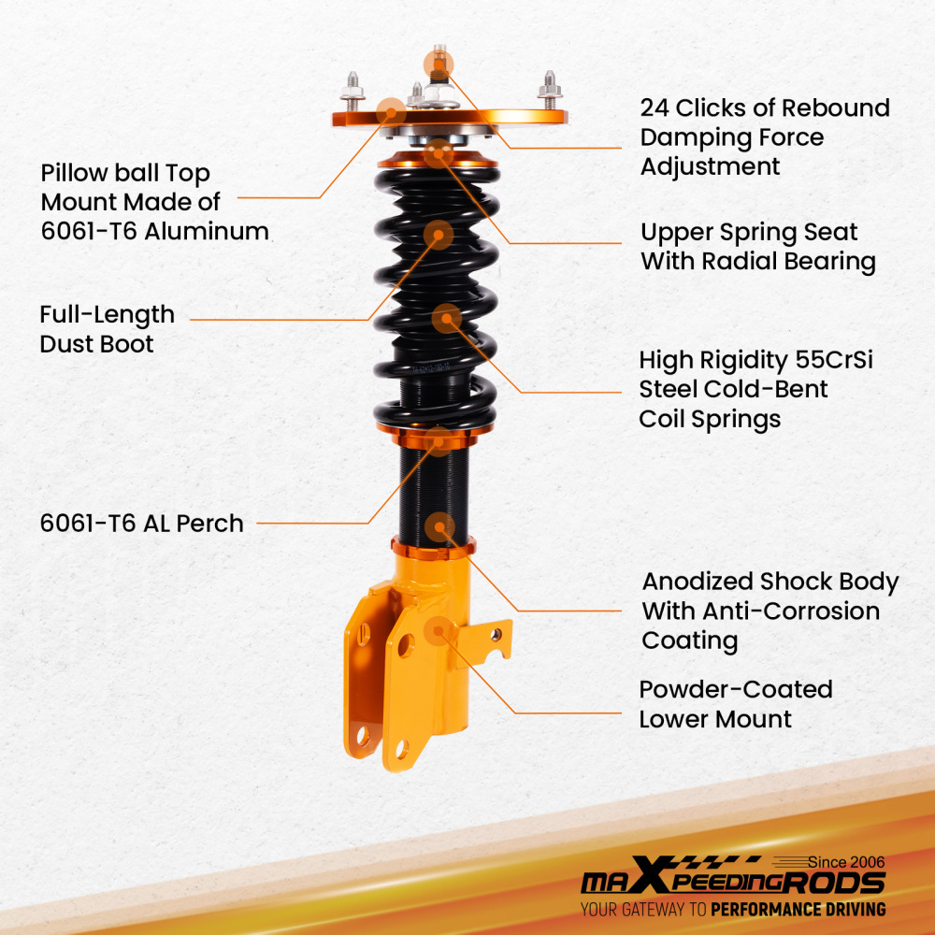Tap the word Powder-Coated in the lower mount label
735,690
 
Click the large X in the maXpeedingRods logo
654,881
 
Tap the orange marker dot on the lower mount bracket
437,632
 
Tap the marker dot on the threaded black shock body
439,526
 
